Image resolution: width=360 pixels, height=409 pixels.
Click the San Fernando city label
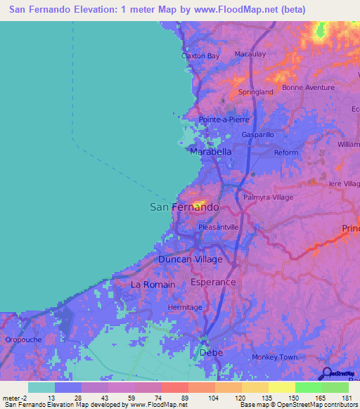pos(185,207)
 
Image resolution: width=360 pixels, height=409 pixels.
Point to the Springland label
pos(255,92)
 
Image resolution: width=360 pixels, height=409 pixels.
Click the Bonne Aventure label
pos(308,87)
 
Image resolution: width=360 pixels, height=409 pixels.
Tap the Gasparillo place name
pos(257,134)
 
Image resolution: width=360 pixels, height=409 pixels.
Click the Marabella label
pos(211,152)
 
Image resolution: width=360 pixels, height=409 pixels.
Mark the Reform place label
pos(286,152)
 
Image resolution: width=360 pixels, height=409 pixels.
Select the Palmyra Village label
pos(268,197)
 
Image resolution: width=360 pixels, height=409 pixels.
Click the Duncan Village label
pos(190,259)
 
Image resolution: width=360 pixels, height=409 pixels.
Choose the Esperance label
pos(213,282)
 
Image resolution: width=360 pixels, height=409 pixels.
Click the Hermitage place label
pos(186,308)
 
